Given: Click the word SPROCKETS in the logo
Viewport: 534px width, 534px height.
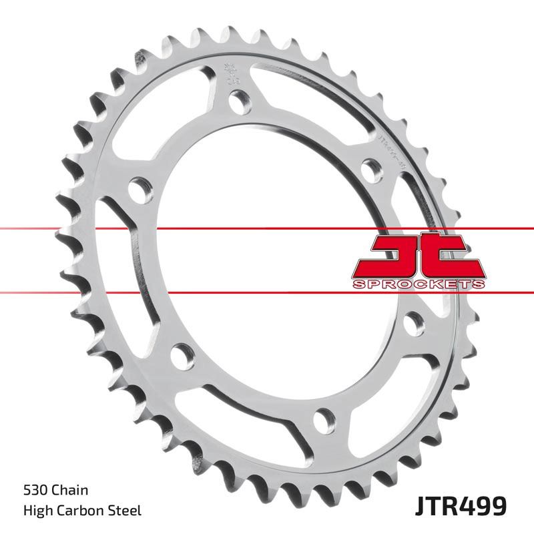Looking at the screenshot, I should [x=418, y=285].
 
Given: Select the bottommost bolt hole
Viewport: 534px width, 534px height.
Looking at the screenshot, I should [x=322, y=419].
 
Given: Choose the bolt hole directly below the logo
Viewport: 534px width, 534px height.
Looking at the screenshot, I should [x=413, y=324].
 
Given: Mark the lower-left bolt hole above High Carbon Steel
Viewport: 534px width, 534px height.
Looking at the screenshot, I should [x=181, y=355].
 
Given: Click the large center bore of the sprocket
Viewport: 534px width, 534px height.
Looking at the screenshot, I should [x=267, y=260].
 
